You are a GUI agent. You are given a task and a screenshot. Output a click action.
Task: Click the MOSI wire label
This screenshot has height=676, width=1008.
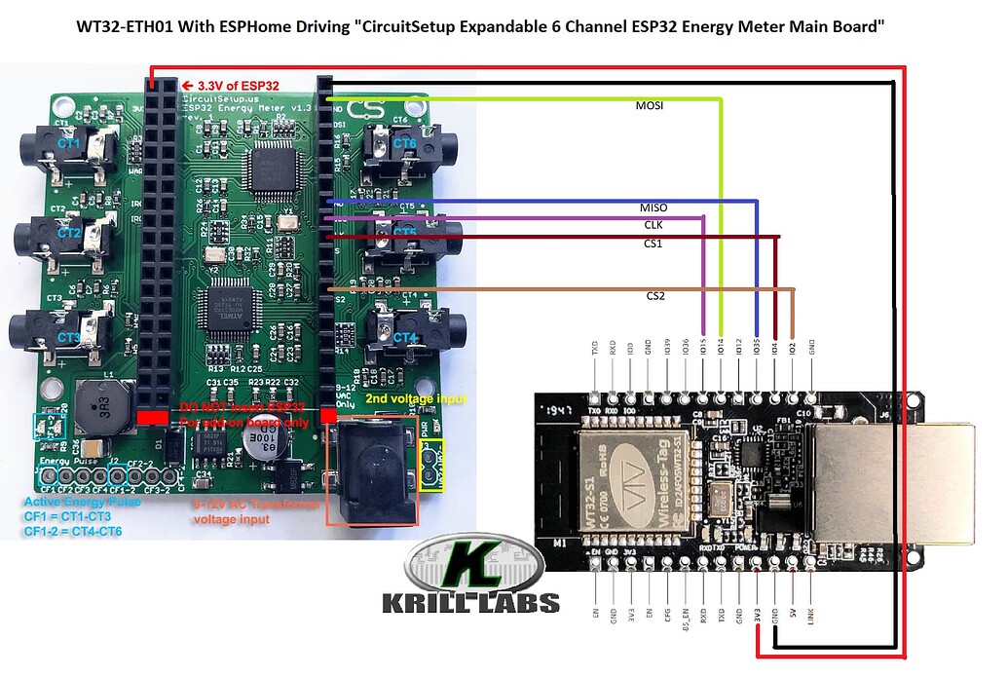tap(650, 106)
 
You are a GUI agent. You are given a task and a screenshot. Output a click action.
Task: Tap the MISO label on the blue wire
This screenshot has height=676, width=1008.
tap(653, 208)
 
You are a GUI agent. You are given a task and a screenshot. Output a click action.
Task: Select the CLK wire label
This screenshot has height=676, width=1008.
tap(653, 225)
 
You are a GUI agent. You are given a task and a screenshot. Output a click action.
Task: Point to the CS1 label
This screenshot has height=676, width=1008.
tap(653, 244)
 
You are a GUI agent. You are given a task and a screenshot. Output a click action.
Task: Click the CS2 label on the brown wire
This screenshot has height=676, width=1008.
tap(654, 295)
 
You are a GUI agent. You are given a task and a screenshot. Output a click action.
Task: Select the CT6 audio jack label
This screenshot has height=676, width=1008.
tap(405, 143)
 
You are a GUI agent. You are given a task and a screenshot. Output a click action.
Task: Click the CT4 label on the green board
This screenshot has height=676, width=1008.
tap(405, 337)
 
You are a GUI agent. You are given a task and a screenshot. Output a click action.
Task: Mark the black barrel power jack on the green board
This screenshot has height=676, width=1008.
tap(374, 468)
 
